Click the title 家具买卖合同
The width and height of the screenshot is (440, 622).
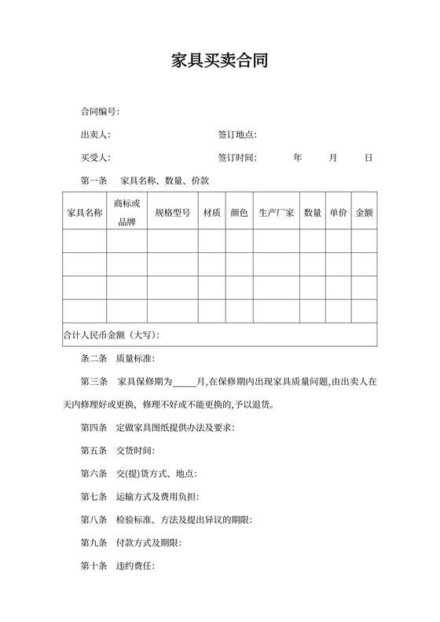coord(219,61)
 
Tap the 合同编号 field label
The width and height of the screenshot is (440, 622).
coord(100,112)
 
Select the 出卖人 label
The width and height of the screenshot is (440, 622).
coord(96,135)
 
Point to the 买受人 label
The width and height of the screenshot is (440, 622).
coord(96,158)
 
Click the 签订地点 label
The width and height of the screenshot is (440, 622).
coord(238,135)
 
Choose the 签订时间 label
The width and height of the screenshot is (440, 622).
coord(238,158)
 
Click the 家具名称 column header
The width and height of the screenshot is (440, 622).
coord(84,213)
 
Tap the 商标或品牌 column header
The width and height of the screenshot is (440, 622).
coord(126,213)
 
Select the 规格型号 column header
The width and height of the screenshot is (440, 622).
coord(172,213)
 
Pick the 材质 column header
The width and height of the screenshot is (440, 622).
coord(211,213)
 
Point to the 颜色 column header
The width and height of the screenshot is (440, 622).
coord(239,213)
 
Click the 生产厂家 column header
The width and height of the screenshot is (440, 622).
coord(277,213)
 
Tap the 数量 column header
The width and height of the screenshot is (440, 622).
coord(313,213)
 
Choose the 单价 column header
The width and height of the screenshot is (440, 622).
coord(339,213)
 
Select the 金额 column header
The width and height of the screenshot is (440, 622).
coord(365,213)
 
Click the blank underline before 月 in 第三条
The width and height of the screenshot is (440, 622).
coord(184,383)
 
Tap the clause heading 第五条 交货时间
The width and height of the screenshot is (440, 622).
coord(118,451)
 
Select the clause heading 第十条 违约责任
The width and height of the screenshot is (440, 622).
coord(118,565)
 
